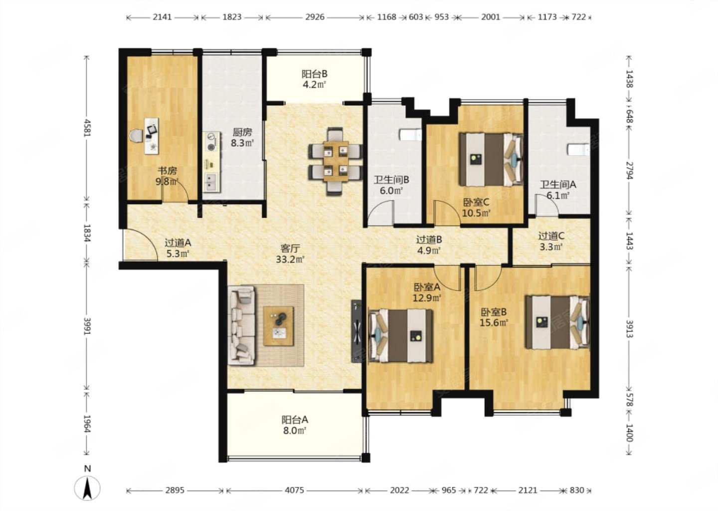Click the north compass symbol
click(x=87, y=485)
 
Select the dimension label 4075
click(x=294, y=490)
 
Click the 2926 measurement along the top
click(x=315, y=17)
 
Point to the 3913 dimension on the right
click(x=630, y=329)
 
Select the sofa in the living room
click(x=242, y=325)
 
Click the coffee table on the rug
click(x=279, y=326)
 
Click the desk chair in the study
click(x=136, y=135)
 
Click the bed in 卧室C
click(x=491, y=159)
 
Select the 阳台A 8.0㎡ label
click(x=295, y=425)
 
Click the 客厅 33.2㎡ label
click(x=290, y=254)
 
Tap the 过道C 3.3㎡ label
click(x=551, y=241)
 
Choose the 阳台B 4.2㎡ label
click(x=315, y=79)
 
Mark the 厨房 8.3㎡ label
click(x=242, y=137)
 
